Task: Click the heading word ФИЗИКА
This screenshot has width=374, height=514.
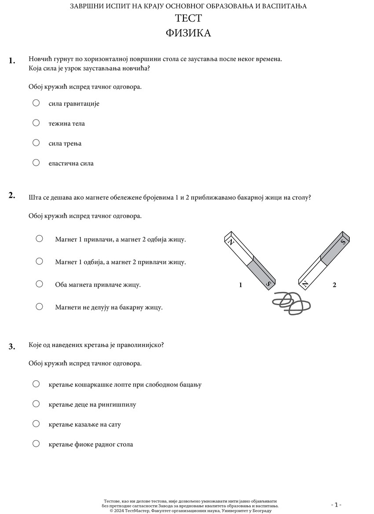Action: [x=188, y=33]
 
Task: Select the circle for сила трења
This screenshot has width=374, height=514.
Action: [x=36, y=142]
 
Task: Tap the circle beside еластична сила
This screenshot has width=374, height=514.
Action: [x=36, y=163]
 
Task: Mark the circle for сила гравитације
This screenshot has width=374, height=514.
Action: [x=36, y=103]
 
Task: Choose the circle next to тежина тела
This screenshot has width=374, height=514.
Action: [x=36, y=123]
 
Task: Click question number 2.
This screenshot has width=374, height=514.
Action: [x=12, y=196]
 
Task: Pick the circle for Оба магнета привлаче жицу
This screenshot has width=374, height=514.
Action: [x=39, y=284]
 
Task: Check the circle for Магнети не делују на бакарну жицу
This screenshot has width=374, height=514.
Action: [x=39, y=306]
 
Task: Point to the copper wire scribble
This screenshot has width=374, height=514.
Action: [x=291, y=303]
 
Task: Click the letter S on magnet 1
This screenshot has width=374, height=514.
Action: [x=268, y=284]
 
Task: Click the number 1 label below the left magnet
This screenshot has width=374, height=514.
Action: [x=241, y=285]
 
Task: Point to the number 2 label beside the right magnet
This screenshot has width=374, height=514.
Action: [x=334, y=285]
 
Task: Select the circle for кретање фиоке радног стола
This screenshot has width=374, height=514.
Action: [x=36, y=444]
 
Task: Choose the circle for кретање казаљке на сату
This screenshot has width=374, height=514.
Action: [x=36, y=424]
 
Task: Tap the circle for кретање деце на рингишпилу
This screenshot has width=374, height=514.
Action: [x=36, y=404]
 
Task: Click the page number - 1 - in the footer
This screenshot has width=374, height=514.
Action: [x=336, y=505]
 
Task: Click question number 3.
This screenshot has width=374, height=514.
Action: [x=12, y=346]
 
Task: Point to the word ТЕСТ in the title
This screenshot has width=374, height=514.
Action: [x=188, y=18]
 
